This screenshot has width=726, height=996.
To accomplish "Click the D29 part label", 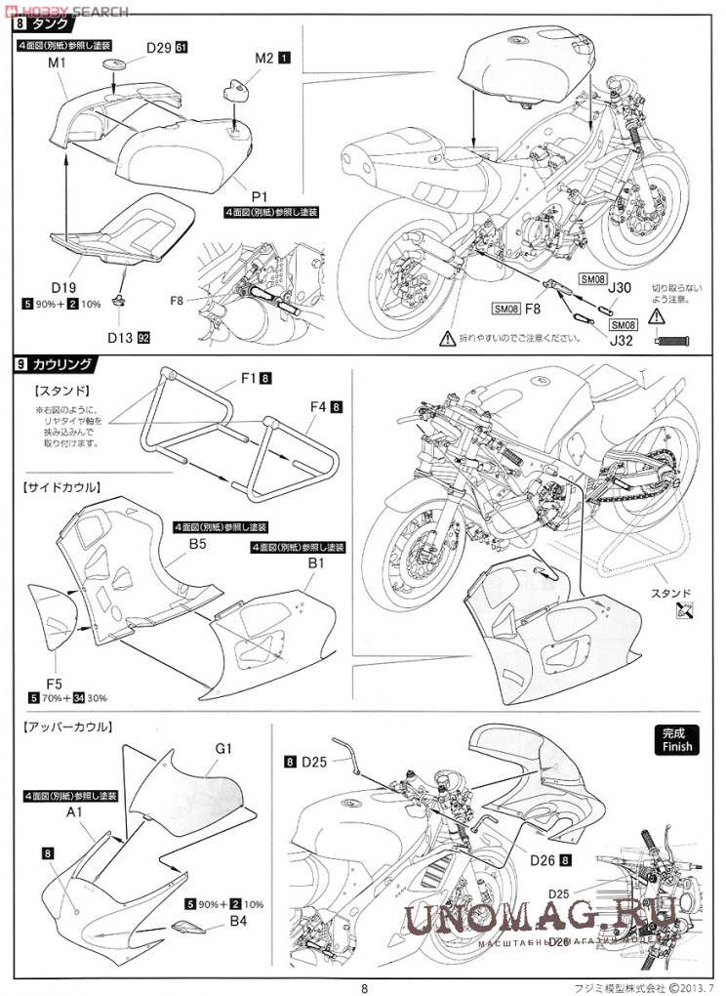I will (158, 47).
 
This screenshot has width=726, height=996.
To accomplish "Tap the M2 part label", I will (263, 59).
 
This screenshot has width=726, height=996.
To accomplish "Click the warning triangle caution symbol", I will (447, 338).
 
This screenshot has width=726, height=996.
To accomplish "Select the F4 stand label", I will (316, 406).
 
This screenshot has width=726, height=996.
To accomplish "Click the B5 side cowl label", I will (198, 543).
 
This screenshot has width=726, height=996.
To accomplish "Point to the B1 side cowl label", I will (316, 563).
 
